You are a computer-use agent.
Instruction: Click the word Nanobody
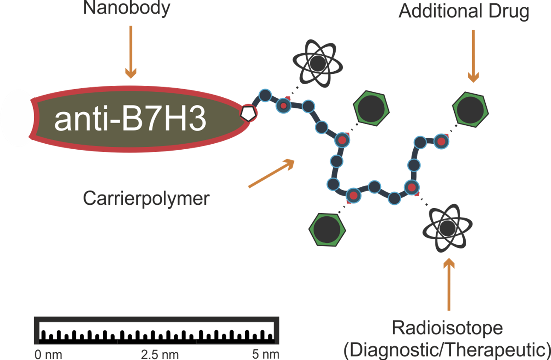tap(127, 8)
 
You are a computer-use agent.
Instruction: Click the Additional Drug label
tap(464, 12)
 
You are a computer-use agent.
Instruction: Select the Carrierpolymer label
tap(146, 199)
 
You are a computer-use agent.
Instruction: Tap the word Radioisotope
tap(447, 328)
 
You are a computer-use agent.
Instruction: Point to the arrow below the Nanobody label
tap(131, 52)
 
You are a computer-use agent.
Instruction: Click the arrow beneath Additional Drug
tap(473, 56)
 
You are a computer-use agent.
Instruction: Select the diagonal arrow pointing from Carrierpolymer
tap(272, 173)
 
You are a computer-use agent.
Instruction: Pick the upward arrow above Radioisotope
tap(449, 284)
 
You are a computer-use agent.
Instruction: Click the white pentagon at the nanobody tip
tap(248, 113)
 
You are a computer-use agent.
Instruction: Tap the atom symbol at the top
tap(318, 64)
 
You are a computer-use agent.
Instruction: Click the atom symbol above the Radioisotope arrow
tap(447, 228)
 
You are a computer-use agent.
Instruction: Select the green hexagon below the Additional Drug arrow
tap(470, 110)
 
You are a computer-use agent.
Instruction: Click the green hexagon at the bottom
tap(327, 229)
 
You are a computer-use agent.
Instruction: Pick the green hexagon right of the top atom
tap(371, 108)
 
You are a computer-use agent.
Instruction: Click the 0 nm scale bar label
tap(48, 354)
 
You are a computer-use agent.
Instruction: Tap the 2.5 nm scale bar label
tap(159, 354)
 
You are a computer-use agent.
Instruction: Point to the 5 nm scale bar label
tap(266, 354)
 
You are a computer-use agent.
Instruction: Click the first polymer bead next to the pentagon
tap(265, 96)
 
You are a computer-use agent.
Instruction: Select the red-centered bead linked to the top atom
tap(284, 105)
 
